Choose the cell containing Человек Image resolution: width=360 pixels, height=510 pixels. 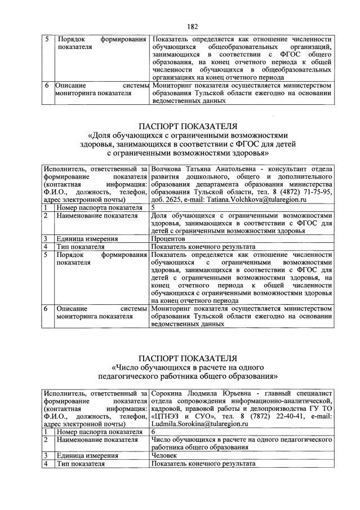tap(166, 455)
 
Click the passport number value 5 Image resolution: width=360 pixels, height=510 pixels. tap(153, 207)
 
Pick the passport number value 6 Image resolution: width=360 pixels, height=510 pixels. tap(153, 431)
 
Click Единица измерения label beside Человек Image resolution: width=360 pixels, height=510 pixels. tap(87, 455)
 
